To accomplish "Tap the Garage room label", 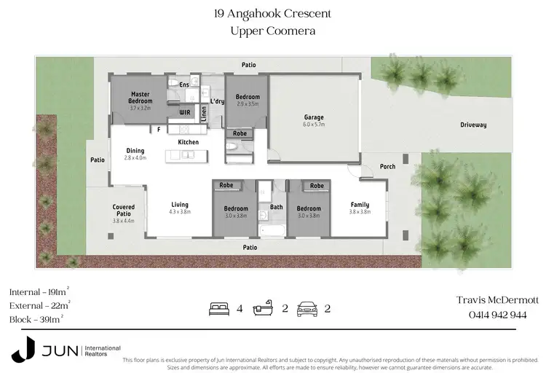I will [314, 117].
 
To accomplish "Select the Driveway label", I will [472, 125].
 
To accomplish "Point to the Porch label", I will [387, 167].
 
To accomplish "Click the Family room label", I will [360, 205].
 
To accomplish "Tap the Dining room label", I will [135, 151].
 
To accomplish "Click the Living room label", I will [180, 205].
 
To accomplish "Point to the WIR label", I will [185, 113].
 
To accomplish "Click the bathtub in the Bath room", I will [274, 230].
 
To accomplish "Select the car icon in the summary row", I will [306, 308].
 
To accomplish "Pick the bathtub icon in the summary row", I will [263, 308].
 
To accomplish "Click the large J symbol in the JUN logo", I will [22, 349].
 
